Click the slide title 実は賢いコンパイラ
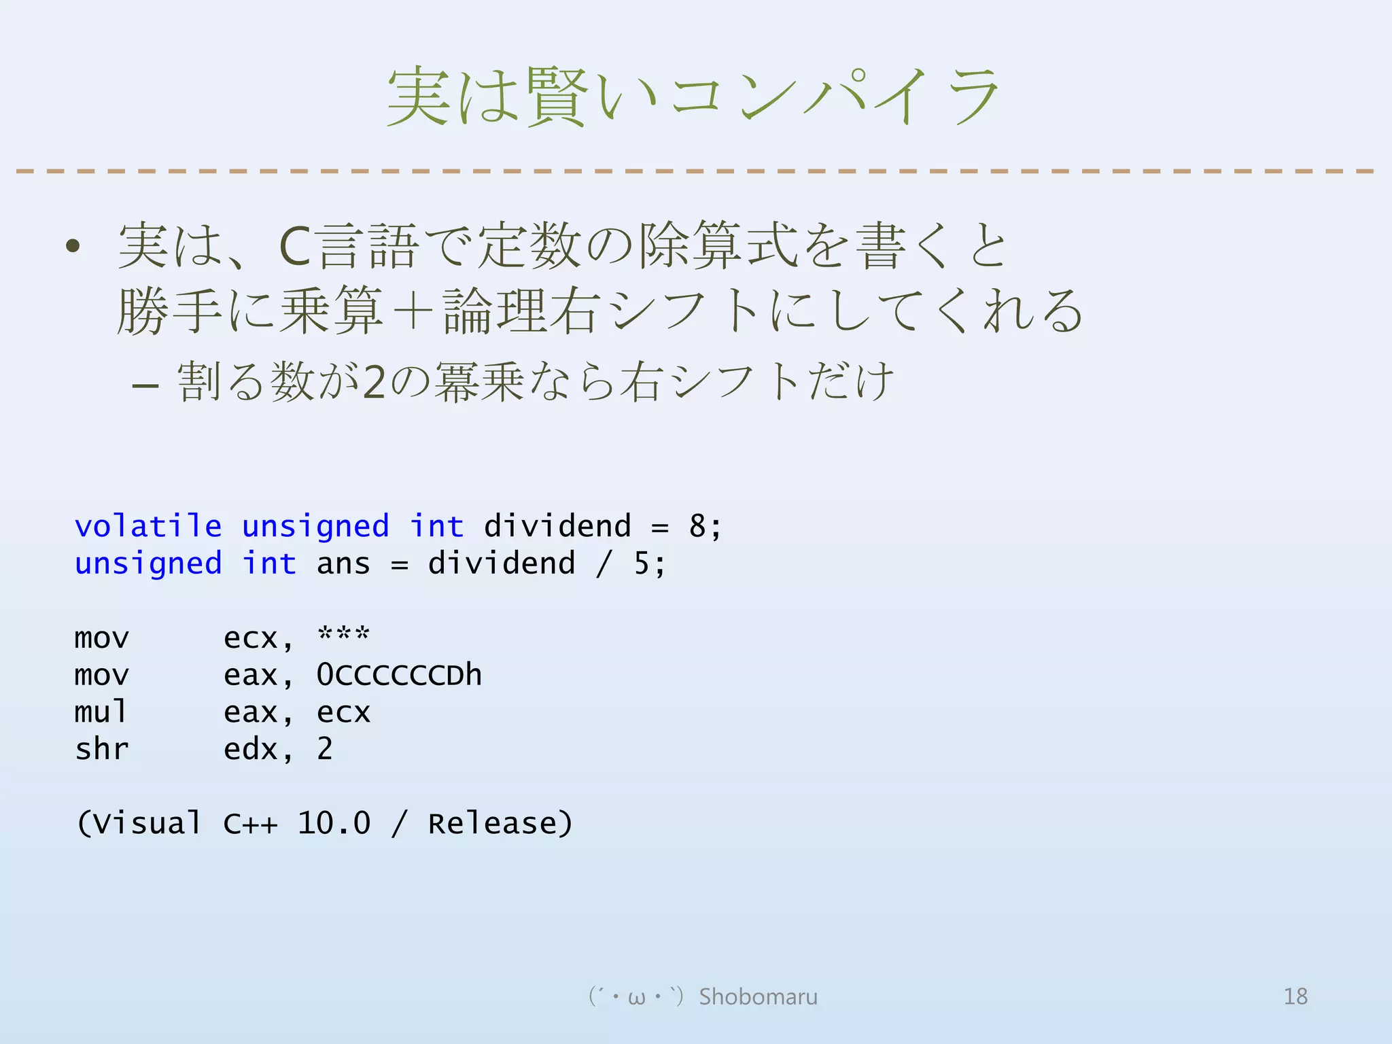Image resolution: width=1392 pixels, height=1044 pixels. click(x=693, y=97)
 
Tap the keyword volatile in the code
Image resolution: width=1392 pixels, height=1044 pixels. click(x=148, y=526)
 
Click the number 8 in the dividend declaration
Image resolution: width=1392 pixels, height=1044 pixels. click(x=697, y=526)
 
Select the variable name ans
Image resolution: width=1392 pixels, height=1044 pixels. click(x=343, y=563)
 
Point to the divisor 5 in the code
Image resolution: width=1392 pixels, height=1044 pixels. click(x=642, y=563)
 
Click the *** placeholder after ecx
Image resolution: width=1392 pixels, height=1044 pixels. click(x=343, y=635)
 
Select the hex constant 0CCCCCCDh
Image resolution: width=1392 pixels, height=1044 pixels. click(x=399, y=675)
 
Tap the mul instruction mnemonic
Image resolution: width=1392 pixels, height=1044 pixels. click(x=101, y=712)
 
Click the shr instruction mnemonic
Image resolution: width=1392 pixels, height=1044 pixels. click(x=101, y=749)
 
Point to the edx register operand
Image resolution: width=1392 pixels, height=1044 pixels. click(x=250, y=749)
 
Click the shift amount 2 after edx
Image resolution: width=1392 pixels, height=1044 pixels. click(x=325, y=749)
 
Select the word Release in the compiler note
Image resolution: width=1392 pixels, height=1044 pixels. click(x=492, y=823)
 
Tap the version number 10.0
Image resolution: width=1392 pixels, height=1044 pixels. click(x=334, y=823)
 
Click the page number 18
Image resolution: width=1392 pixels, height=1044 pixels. click(x=1295, y=996)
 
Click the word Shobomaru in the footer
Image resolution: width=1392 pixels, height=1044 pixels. click(x=759, y=996)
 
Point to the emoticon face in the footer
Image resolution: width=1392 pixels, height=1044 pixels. click(x=636, y=996)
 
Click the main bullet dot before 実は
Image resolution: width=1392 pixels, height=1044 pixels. click(x=73, y=246)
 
